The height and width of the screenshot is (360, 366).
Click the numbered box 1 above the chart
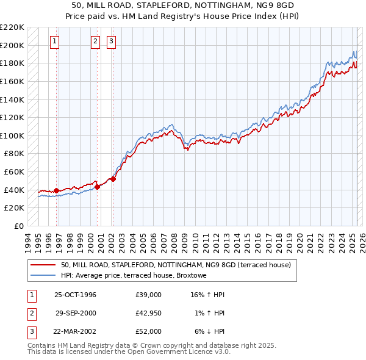coord(54,41)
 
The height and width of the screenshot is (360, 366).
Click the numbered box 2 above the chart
coord(96,41)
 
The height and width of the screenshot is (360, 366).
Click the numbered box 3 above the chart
coord(112,41)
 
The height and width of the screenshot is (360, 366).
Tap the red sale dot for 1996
coord(56,190)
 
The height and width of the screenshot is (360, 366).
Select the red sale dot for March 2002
coord(113,179)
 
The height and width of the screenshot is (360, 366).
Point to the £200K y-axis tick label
coord(12,45)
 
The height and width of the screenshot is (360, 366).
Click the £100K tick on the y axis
coord(12,135)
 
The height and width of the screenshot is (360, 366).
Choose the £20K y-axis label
coord(15,208)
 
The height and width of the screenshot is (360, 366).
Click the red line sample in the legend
coord(43,265)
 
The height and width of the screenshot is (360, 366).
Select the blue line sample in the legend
coord(43,276)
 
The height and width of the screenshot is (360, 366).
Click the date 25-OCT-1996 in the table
coord(75,295)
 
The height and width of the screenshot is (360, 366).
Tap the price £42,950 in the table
coord(149,313)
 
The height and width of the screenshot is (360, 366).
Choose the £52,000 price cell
coord(149,331)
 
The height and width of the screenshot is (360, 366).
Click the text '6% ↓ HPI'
coord(208,331)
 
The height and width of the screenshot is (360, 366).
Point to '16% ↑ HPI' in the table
coord(208,295)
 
